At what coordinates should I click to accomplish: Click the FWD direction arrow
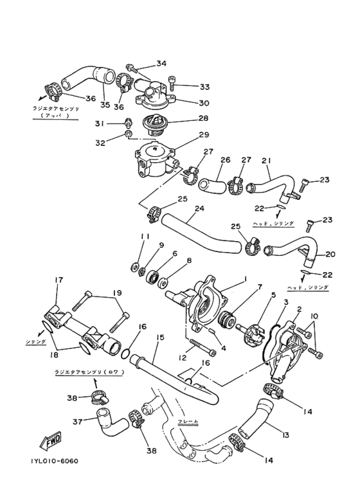(x=51, y=442)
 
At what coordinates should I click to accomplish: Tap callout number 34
(x=161, y=64)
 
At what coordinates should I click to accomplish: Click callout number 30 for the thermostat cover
(x=204, y=103)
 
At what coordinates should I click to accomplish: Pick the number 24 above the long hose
(x=199, y=209)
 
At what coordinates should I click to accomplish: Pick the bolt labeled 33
(x=172, y=82)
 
